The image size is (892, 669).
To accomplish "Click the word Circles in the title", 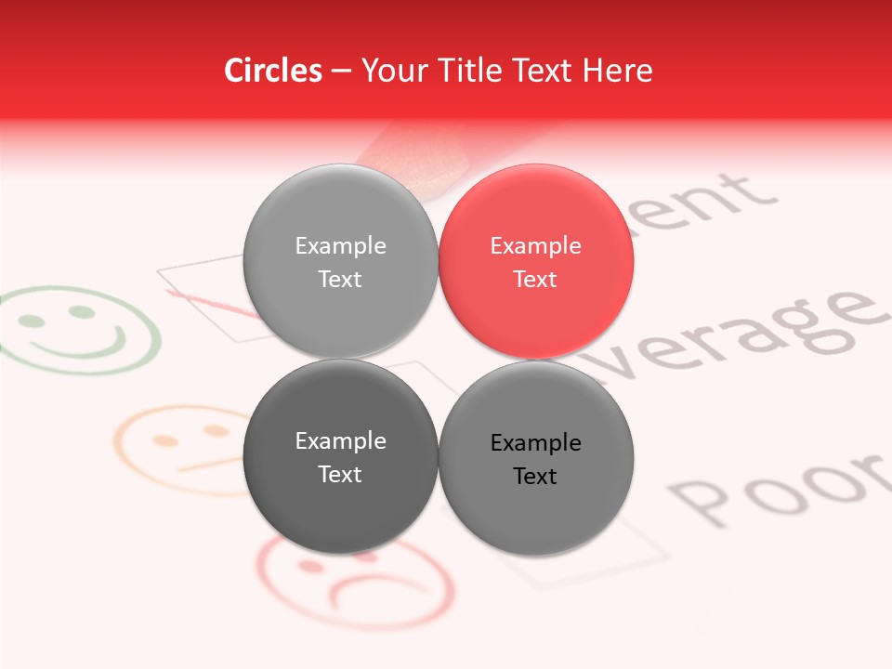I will (272, 71).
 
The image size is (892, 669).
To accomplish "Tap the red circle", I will (536, 262).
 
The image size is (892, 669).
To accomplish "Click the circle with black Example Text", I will (536, 458).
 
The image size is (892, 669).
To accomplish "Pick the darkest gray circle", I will (340, 457).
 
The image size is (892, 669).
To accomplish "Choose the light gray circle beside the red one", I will (340, 262).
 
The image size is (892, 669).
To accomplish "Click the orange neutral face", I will (177, 448).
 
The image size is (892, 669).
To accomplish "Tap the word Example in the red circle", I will (535, 246).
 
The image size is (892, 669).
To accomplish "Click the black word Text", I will (535, 476).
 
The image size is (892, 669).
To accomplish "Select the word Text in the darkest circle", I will (340, 474).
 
